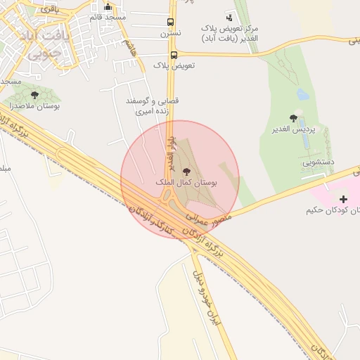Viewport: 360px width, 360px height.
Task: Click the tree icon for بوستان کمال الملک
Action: click(186, 172)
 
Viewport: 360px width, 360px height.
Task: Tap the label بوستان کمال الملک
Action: click(186, 182)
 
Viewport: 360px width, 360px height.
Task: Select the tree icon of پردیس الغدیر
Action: click(293, 118)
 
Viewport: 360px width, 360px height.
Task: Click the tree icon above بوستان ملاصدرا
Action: click(34, 95)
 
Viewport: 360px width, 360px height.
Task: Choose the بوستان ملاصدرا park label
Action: click(34, 105)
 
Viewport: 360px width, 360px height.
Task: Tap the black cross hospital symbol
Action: click(343, 200)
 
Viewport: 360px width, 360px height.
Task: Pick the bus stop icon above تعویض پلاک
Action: click(174, 55)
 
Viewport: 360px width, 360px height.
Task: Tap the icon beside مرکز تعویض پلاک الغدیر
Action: click(229, 17)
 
